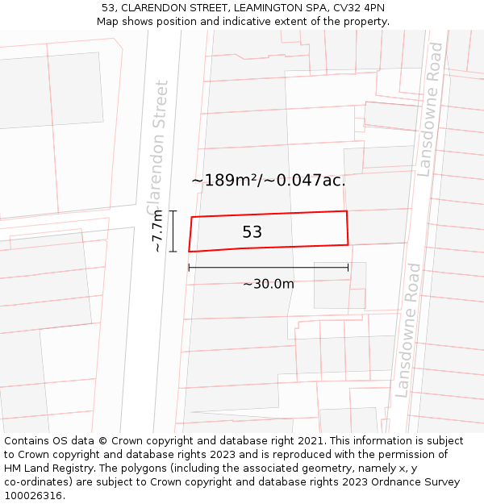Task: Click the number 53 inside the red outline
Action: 252,232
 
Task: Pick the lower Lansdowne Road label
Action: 408,330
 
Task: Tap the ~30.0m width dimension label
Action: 269,284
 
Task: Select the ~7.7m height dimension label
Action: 157,231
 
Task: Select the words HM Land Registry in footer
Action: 50,469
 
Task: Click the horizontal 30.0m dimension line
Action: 269,268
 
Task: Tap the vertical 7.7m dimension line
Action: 173,231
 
